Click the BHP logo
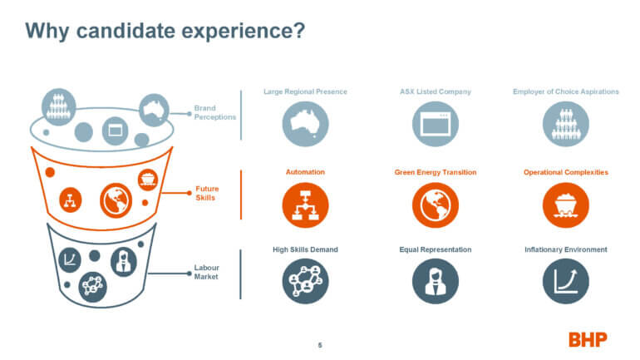(588, 339)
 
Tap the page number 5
(320, 345)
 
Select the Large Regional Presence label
(305, 91)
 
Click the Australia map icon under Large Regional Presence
(305, 124)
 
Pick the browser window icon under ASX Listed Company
(435, 124)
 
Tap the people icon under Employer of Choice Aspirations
(566, 124)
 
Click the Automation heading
(305, 172)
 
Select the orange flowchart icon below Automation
(305, 205)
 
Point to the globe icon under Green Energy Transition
(435, 205)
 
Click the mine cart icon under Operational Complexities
(566, 205)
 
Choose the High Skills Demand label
(305, 249)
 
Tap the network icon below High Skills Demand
(305, 281)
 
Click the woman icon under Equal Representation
(435, 281)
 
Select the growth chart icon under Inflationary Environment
(566, 281)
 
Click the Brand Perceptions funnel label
(215, 112)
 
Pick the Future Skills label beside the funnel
(207, 193)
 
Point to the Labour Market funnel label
(206, 272)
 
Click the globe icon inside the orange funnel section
(116, 200)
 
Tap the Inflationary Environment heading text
(566, 249)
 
